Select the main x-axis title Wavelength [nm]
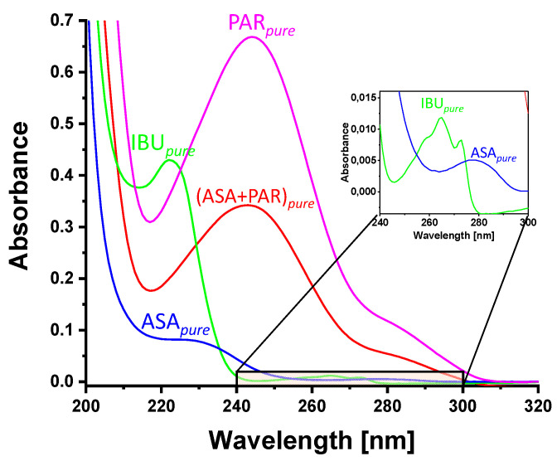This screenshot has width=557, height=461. (312, 437)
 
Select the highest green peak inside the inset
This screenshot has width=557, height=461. (441, 118)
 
